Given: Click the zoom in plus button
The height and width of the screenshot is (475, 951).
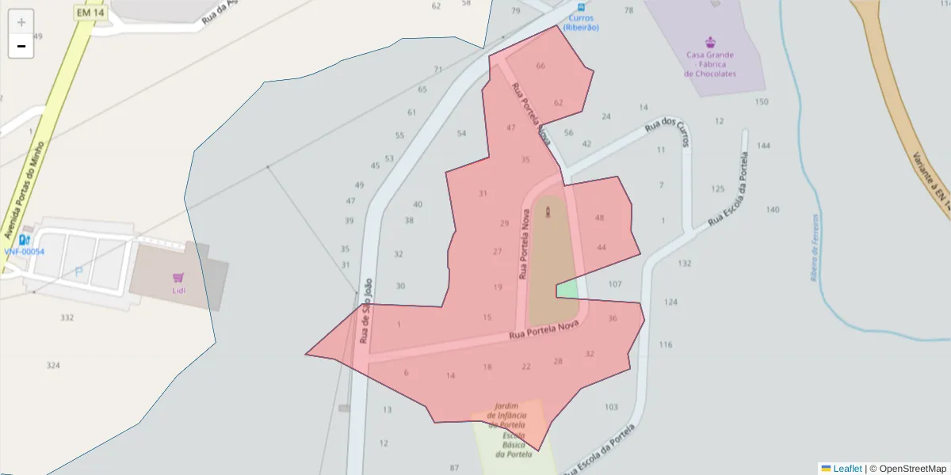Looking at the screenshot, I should (21, 22).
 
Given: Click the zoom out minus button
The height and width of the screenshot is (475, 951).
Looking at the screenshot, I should (21, 46).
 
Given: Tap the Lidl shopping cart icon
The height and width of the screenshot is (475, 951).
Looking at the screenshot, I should (178, 277).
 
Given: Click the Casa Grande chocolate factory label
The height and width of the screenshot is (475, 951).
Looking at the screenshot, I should (710, 64).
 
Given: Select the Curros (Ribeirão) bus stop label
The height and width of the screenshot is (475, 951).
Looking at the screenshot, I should (581, 23).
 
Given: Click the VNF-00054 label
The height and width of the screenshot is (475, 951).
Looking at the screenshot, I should (25, 252).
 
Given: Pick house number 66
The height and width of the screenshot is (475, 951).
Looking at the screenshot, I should (540, 66).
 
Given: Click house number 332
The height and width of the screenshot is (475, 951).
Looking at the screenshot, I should (67, 317).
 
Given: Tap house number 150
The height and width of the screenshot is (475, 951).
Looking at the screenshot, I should (762, 102).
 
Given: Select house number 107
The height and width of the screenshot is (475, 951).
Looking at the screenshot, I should (615, 283).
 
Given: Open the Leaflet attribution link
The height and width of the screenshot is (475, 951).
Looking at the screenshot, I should (846, 469).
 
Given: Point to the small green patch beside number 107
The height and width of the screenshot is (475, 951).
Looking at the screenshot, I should (567, 290).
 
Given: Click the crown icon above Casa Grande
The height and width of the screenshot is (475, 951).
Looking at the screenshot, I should (710, 41).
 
